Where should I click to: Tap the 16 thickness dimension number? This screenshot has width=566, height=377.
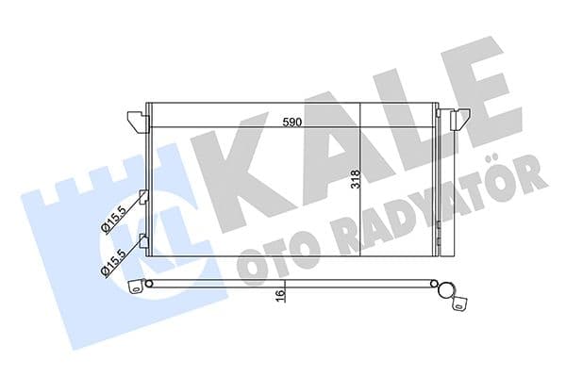coord(280,296)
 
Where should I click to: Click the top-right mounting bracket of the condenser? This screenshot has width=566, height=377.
coord(460,119)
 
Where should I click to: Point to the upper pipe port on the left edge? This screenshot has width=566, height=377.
coord(143,198)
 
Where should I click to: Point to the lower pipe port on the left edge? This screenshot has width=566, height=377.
coord(143,239)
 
